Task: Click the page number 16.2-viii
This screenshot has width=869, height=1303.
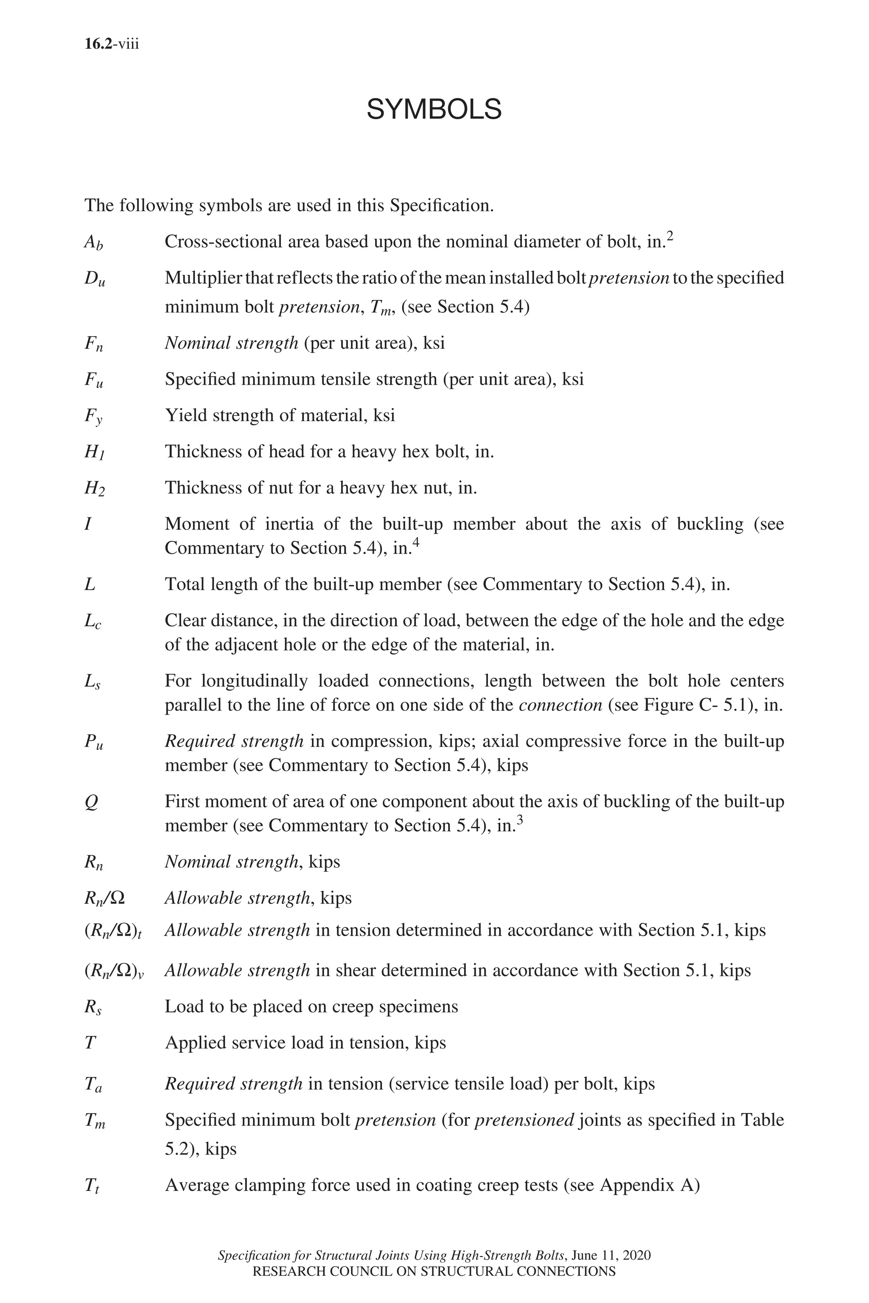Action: pyautogui.click(x=112, y=44)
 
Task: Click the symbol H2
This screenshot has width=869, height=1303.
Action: pyautogui.click(x=94, y=489)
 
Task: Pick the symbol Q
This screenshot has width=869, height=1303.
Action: pyautogui.click(x=92, y=803)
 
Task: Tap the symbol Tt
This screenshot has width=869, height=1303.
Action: pyautogui.click(x=92, y=1186)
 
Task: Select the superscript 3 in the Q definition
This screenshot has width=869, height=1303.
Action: pyautogui.click(x=520, y=822)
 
